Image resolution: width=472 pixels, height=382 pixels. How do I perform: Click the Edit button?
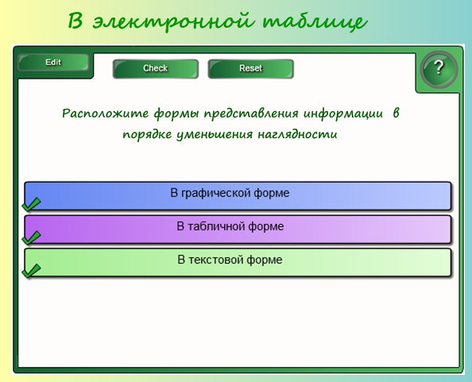(x=53, y=63)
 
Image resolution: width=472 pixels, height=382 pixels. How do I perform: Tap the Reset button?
(x=251, y=68)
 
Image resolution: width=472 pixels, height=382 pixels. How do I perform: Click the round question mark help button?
(x=439, y=69)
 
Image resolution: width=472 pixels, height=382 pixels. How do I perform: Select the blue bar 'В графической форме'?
(x=238, y=195)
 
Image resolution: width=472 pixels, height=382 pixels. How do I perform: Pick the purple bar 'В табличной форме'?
(x=238, y=230)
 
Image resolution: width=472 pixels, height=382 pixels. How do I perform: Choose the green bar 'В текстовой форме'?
(x=238, y=262)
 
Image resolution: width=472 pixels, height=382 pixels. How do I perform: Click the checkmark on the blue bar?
(x=31, y=204)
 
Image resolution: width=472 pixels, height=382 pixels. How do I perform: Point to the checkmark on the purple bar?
(x=31, y=237)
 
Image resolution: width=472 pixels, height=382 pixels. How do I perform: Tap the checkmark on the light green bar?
(x=31, y=271)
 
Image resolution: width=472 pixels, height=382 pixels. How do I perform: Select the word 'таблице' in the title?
(x=315, y=21)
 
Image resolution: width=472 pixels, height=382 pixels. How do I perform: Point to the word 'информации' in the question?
(x=342, y=114)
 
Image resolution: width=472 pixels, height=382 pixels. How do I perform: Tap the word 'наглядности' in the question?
(x=297, y=134)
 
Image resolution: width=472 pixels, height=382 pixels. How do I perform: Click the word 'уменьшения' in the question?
(x=215, y=134)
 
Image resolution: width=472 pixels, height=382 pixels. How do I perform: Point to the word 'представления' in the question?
(x=251, y=114)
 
